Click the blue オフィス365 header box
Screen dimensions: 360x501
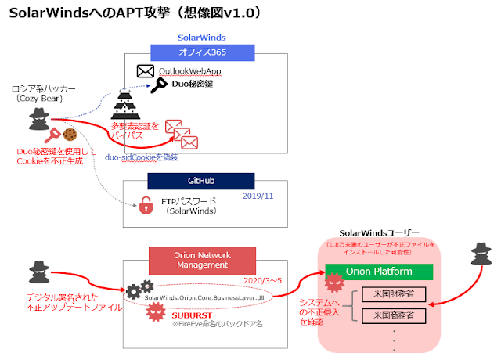pos(203,52)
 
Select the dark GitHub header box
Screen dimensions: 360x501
pos(200,181)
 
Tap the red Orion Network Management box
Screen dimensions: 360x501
pos(204,259)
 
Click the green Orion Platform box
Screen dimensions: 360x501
pos(380,271)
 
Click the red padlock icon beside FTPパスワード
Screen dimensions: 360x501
pos(145,206)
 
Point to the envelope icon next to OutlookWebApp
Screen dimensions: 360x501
pos(145,71)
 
